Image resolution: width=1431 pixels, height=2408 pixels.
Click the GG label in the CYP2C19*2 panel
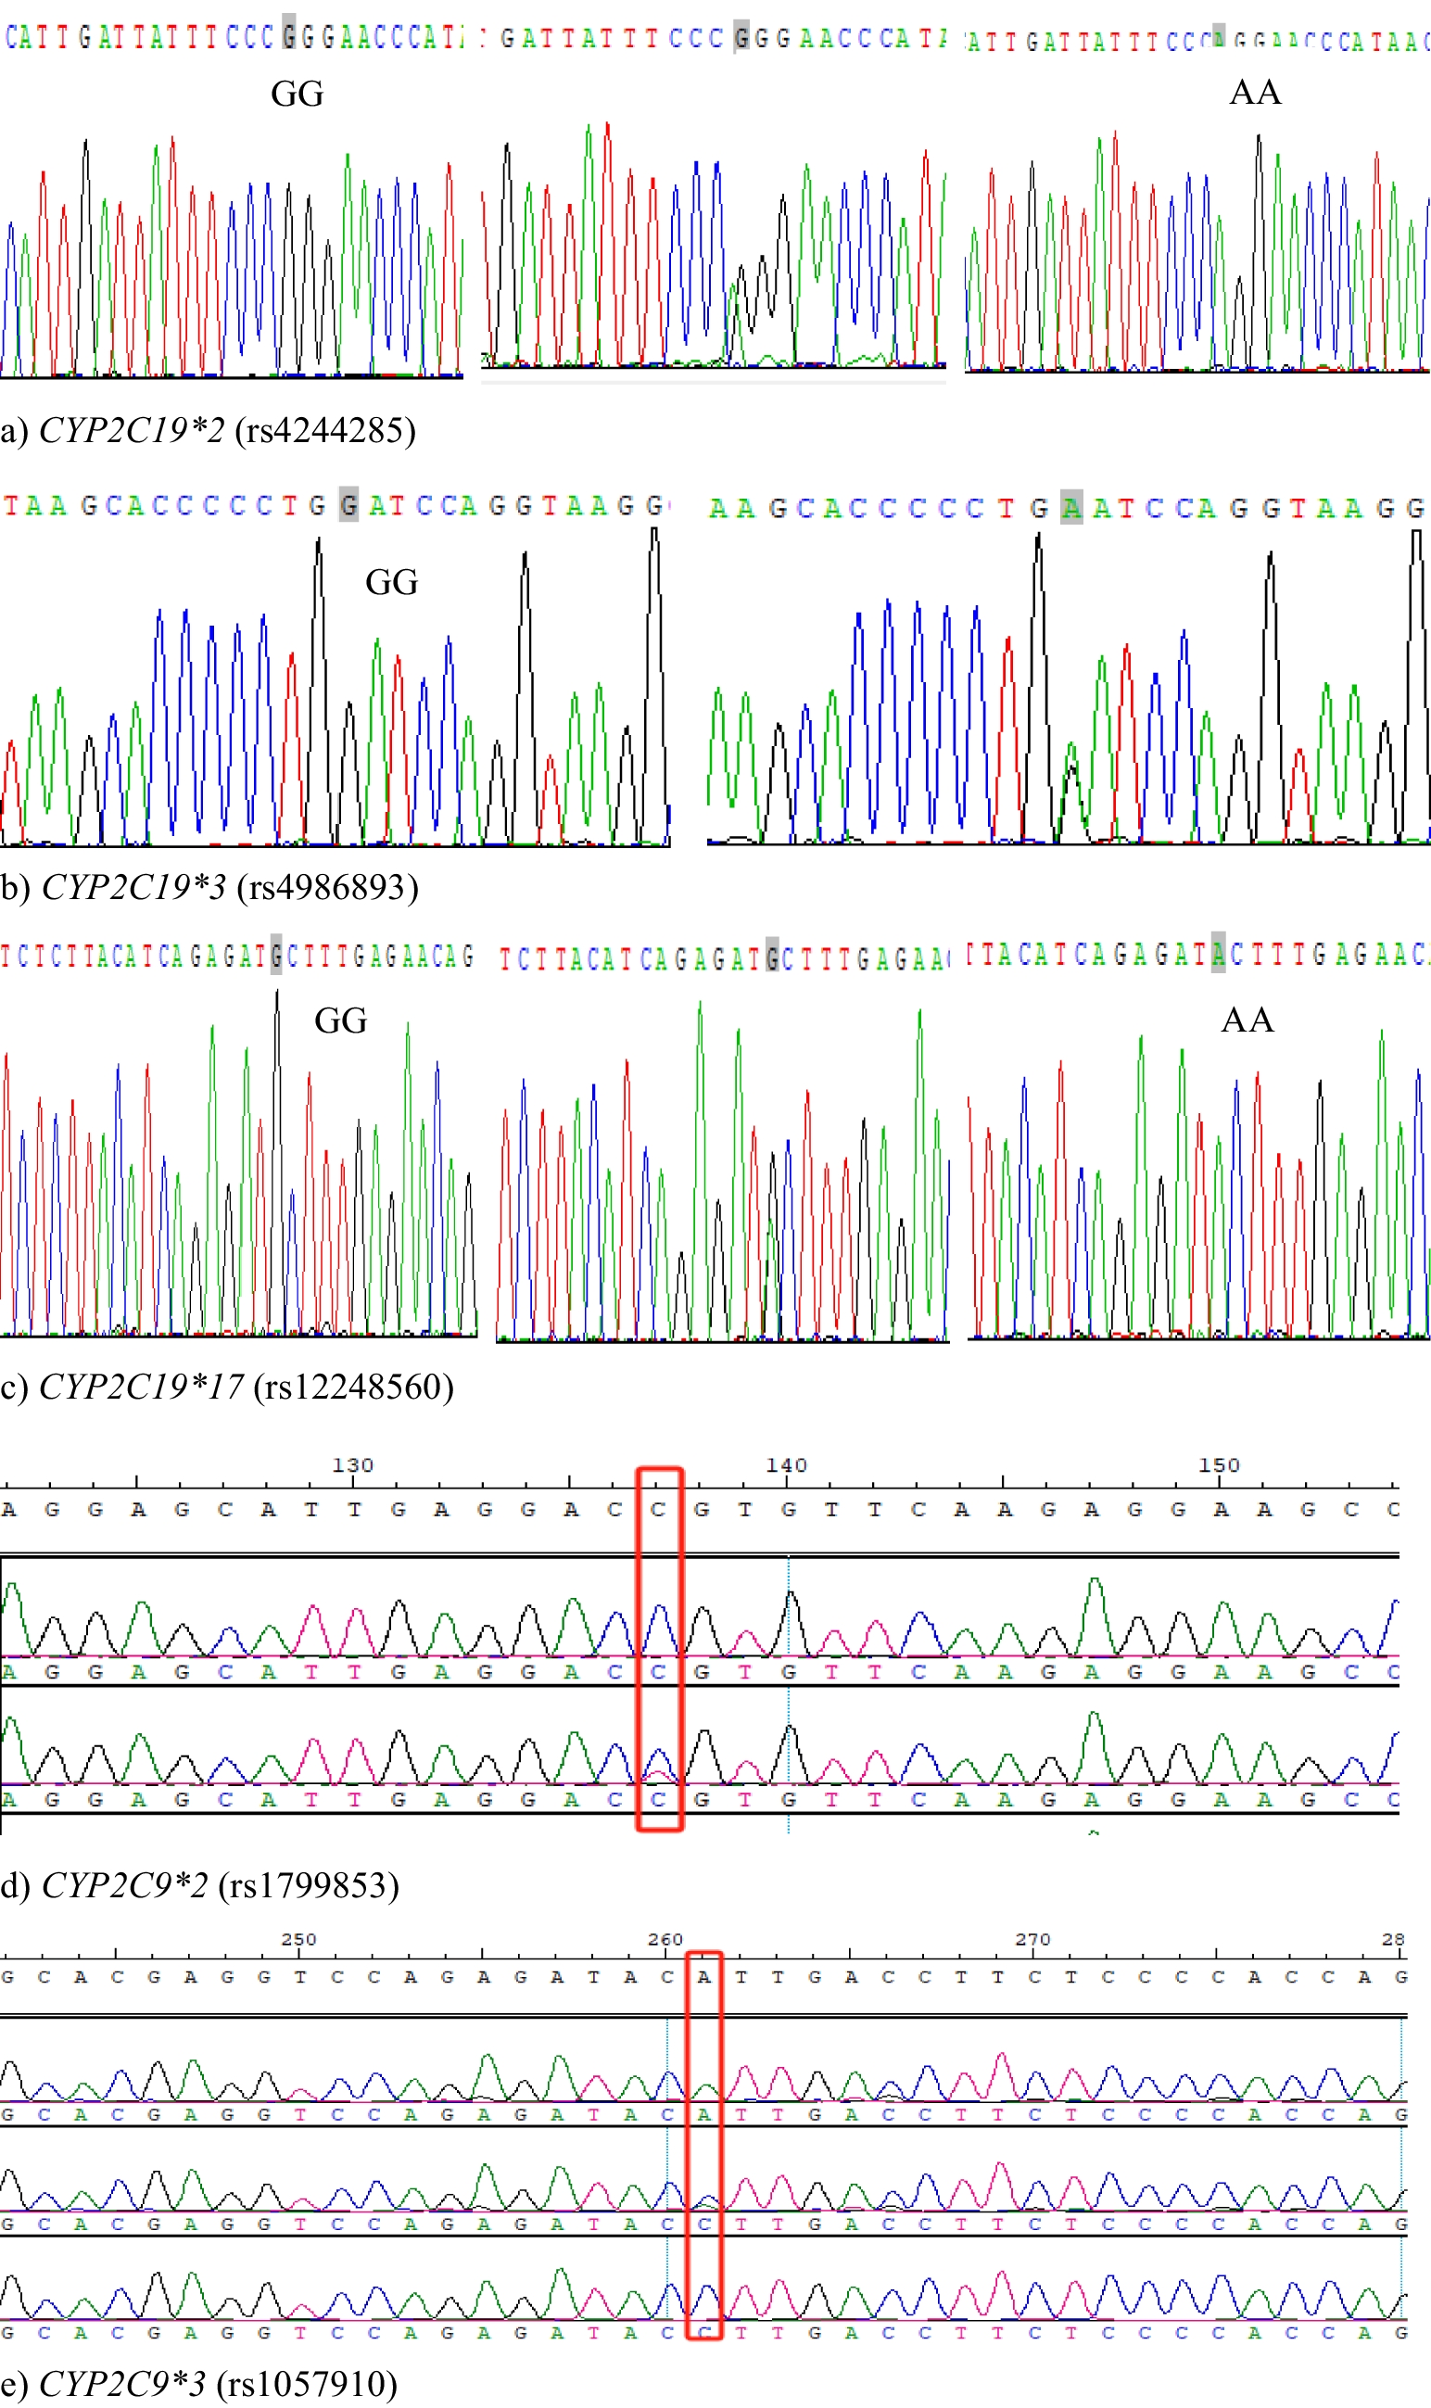point(297,95)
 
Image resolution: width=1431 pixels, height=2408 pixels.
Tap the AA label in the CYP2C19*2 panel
point(1255,93)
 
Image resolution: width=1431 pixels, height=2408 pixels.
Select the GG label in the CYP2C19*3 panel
point(391,582)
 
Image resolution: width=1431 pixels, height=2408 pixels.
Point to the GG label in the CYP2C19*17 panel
point(340,1021)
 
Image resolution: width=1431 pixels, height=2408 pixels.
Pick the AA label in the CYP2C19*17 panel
point(1247,1020)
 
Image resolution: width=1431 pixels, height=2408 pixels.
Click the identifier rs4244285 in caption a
point(325,430)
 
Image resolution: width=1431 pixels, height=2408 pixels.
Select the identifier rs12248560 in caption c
point(352,1387)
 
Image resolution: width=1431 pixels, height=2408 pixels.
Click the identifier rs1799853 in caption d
point(309,1885)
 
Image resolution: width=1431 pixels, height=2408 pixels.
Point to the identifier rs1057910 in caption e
point(307,2384)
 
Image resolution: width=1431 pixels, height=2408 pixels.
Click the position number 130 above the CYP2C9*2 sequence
point(352,1465)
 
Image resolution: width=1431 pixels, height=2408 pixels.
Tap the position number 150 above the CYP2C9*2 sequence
point(1219,1465)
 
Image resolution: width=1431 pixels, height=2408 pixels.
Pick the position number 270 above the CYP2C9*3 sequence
point(1032,1939)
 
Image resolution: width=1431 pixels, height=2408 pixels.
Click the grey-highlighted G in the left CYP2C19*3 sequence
point(349,505)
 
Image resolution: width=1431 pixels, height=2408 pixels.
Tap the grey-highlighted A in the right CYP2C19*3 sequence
point(1071,507)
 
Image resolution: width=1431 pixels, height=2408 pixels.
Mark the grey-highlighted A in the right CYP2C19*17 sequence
point(1218,954)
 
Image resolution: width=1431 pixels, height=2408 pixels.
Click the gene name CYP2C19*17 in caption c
point(141,1387)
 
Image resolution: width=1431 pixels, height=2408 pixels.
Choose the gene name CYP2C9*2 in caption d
point(124,1885)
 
